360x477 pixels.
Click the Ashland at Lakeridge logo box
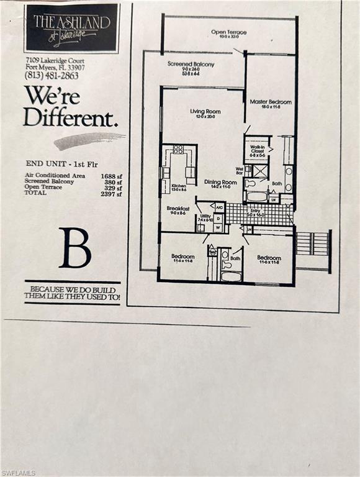pos(71,28)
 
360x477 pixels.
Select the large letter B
pos(74,247)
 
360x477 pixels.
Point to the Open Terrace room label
pos(228,32)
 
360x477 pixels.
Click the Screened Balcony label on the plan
pos(191,64)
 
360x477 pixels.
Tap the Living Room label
pos(205,112)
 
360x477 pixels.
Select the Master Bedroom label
pos(271,102)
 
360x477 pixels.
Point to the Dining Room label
pos(220,182)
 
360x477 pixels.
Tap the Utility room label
pos(205,216)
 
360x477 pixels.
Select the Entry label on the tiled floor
pos(256,212)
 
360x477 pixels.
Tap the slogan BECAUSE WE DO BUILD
pos(73,289)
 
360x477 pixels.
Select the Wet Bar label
pos(239,169)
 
